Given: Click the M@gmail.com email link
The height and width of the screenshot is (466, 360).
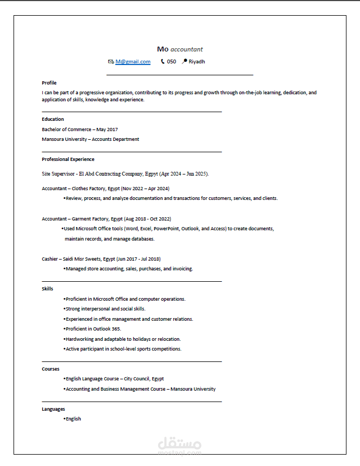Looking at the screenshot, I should tap(133, 62).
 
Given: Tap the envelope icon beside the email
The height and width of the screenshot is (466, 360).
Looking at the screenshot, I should tap(111, 62).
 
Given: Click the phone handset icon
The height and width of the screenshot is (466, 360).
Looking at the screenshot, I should tap(162, 62).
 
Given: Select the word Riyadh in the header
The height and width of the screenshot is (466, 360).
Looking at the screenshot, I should tap(197, 62).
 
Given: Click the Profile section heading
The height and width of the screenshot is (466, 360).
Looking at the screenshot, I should tap(49, 83).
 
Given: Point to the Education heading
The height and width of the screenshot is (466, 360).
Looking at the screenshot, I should tap(53, 119).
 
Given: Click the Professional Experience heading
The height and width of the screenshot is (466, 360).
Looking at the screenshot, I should tap(68, 159).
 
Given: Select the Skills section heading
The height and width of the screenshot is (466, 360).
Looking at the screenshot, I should tap(48, 289).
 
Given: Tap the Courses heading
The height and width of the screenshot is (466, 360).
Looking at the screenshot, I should tap(50, 369).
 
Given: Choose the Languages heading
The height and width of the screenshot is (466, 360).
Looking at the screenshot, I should tap(53, 409).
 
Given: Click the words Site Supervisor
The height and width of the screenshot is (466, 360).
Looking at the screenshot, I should tap(58, 174).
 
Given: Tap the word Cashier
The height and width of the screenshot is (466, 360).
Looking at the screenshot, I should tap(51, 259).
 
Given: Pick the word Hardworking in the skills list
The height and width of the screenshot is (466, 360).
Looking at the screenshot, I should tap(79, 339).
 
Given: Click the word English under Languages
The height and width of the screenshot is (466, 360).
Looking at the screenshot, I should tap(73, 419).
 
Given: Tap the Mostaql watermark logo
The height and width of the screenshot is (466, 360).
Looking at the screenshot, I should tap(180, 445).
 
